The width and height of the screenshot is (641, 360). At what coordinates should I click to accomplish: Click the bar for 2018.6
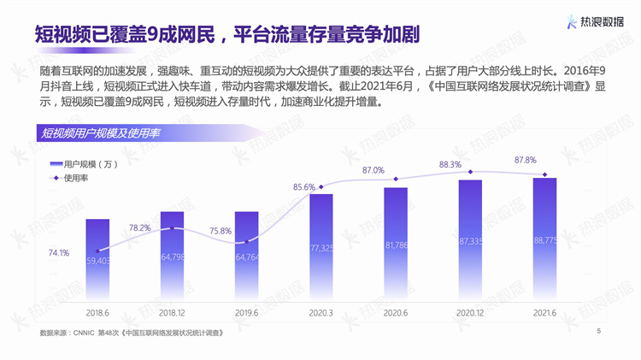tap(97, 257)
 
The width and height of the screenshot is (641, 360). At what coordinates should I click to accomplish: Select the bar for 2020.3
tap(321, 245)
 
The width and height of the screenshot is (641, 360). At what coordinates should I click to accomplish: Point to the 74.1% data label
tap(58, 253)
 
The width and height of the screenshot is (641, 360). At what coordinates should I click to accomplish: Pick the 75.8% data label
tap(220, 231)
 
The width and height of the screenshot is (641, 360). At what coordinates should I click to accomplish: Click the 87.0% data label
tap(373, 170)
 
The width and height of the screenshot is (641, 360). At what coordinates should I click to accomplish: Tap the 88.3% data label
tap(450, 164)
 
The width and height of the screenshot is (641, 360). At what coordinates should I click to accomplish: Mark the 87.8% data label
tap(525, 160)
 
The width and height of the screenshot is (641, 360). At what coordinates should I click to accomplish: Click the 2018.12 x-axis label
tap(172, 313)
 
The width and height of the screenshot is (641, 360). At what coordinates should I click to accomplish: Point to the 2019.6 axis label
tap(246, 313)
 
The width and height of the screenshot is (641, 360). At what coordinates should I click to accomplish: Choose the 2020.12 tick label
tap(470, 313)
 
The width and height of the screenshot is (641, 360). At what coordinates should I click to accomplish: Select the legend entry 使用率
tap(76, 179)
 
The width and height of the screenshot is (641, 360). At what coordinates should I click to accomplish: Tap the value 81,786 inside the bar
tap(396, 245)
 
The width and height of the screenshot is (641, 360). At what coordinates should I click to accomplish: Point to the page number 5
tap(598, 330)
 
